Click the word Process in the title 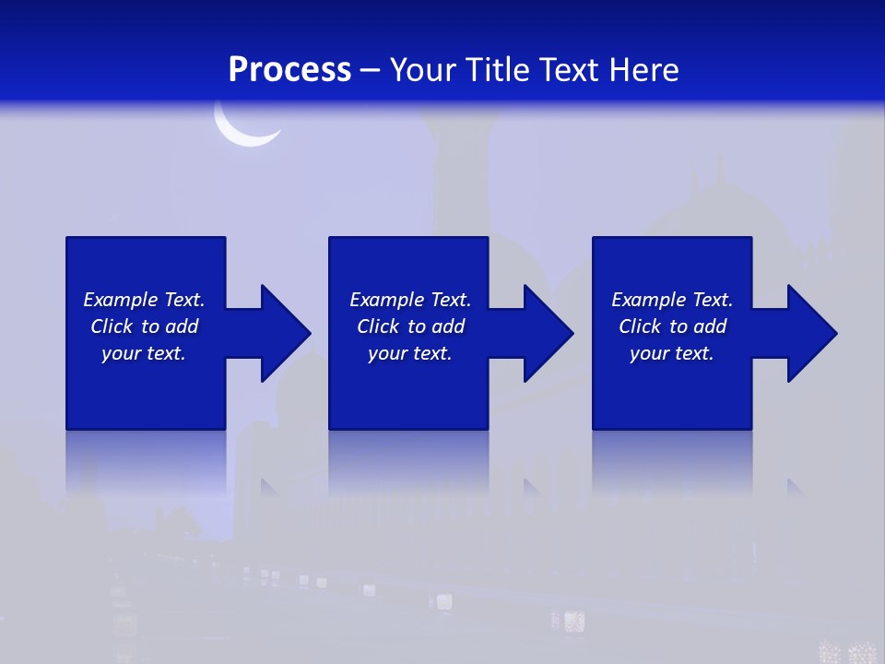pyautogui.click(x=289, y=70)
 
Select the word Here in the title pyautogui.click(x=644, y=70)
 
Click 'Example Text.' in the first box pyautogui.click(x=144, y=300)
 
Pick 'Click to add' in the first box pyautogui.click(x=144, y=326)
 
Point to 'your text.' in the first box pyautogui.click(x=144, y=353)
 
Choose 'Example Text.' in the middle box pyautogui.click(x=409, y=300)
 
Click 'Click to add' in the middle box pyautogui.click(x=409, y=326)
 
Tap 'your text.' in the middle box pyautogui.click(x=409, y=353)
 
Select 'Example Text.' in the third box pyautogui.click(x=672, y=300)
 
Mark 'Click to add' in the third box pyautogui.click(x=672, y=326)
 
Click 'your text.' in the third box pyautogui.click(x=672, y=353)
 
